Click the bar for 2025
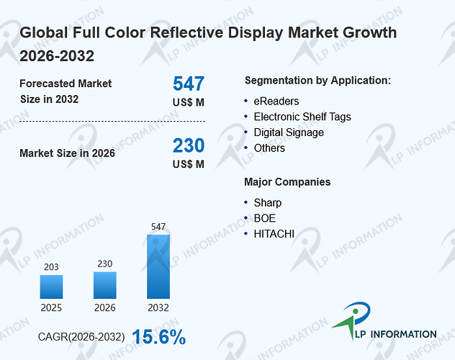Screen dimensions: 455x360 tap(51, 287)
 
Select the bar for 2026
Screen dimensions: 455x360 tap(105, 285)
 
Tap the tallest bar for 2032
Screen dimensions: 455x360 tap(158, 266)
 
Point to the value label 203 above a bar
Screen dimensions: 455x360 tap(51, 267)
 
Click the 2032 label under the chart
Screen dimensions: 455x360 tap(158, 307)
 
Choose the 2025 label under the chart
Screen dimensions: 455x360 tap(51, 307)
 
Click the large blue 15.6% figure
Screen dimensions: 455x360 tap(159, 337)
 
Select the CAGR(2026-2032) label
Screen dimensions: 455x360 tap(81, 337)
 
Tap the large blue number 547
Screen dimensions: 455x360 tap(189, 84)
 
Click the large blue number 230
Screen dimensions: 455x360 tap(189, 145)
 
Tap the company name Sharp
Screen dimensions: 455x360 tap(268, 203)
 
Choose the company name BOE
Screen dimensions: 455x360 tap(265, 218)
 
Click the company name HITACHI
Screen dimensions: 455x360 tap(274, 234)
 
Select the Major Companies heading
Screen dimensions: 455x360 tap(287, 182)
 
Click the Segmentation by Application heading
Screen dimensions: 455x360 tap(317, 81)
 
